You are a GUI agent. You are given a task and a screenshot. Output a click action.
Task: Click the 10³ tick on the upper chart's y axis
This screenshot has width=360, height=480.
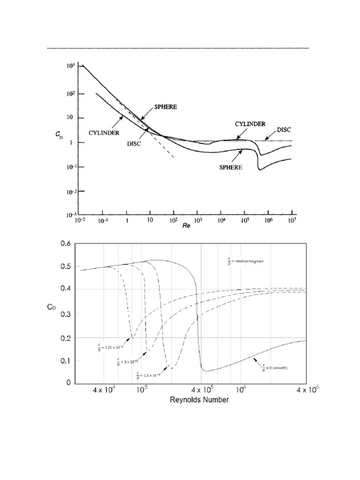click(x=69, y=67)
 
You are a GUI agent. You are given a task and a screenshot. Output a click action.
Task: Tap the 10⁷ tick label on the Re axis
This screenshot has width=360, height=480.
click(x=292, y=221)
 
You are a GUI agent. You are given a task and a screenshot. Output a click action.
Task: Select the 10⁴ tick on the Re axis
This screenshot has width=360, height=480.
click(x=220, y=221)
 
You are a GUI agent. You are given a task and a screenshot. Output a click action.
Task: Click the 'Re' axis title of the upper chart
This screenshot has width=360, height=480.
click(x=187, y=226)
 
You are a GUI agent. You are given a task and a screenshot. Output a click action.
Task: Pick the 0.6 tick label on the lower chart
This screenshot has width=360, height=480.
click(x=64, y=244)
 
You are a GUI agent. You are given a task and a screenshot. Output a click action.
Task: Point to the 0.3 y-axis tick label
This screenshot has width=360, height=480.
click(x=64, y=314)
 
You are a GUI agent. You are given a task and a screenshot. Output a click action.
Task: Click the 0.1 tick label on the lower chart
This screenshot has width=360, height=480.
click(x=64, y=360)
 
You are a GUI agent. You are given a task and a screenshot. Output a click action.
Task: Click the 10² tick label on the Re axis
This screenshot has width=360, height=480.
click(x=173, y=221)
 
